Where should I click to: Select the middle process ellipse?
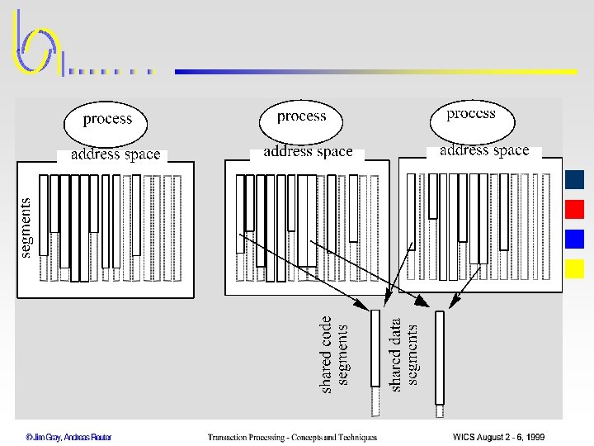pos(302,117)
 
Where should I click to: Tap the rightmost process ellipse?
pos(472,115)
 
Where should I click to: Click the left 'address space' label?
pos(115,154)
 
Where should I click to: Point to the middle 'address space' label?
pos(308,152)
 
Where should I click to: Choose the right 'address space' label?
pos(484,150)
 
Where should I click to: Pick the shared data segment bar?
pos(440,358)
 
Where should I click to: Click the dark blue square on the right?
pos(575,179)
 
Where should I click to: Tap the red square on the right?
pos(575,209)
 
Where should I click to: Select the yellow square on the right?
pos(575,268)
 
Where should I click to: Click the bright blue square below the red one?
pos(575,239)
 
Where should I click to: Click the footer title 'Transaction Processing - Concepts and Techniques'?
pos(292,437)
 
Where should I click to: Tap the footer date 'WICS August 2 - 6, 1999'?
pos(498,437)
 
